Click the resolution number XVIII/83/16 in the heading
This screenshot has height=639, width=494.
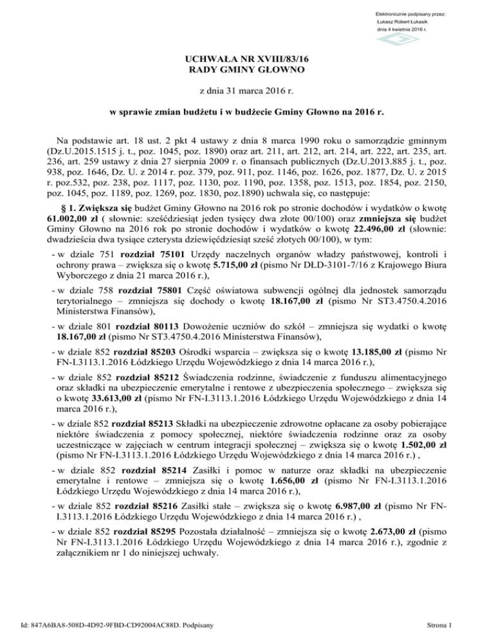(270, 57)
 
